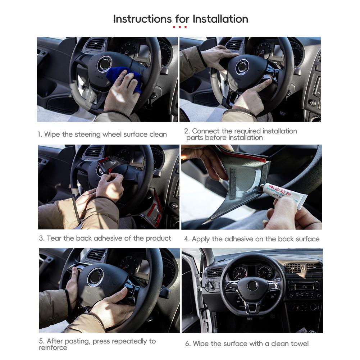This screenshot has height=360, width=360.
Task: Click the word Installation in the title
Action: pos(220,19)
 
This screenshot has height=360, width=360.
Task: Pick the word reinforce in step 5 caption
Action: pos(53,347)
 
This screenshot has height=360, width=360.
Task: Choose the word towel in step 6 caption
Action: pos(299,343)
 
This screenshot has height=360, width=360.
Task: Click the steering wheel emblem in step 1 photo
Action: pos(104,64)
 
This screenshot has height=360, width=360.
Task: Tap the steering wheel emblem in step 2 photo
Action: pos(242,67)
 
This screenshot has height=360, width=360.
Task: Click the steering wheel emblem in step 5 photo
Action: pos(95,277)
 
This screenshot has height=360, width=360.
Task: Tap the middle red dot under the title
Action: pos(180,27)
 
